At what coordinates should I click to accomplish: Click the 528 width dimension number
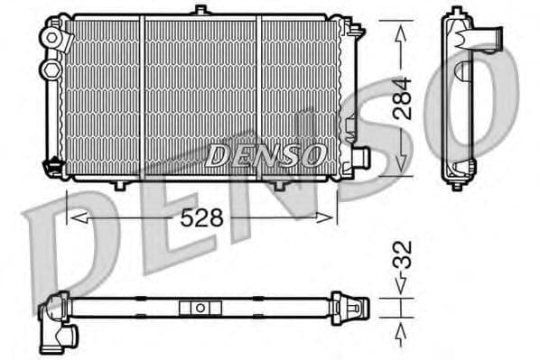click(x=202, y=218)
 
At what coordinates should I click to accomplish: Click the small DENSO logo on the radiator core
click(x=265, y=155)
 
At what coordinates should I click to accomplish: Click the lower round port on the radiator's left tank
click(x=51, y=68)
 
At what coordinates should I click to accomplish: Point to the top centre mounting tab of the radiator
click(x=200, y=12)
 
